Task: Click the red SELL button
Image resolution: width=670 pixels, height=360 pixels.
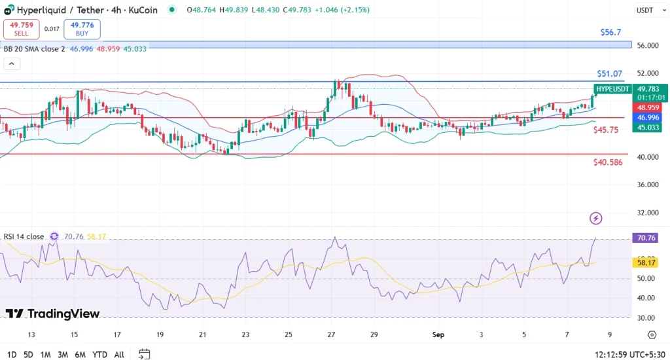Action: pos(21,29)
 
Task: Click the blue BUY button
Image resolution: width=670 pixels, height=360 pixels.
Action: pos(82,29)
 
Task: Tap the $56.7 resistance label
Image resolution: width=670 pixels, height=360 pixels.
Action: pos(610,32)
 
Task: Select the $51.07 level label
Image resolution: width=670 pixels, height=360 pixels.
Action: pos(609,74)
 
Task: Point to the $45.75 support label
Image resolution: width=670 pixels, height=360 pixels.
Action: pos(605,130)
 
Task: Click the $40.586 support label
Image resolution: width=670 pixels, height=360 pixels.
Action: pos(608,162)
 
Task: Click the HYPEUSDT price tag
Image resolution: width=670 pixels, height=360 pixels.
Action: pos(612,89)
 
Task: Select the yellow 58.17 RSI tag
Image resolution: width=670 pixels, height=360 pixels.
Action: pos(646,262)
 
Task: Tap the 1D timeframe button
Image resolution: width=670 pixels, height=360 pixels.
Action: pos(10,354)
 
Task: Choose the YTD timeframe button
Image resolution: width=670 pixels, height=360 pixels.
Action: pos(99,354)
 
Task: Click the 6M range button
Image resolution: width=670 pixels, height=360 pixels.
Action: pos(80,354)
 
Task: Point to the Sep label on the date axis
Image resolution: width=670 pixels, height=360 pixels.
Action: pos(438,334)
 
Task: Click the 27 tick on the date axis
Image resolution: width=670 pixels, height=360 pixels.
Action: pos(332,334)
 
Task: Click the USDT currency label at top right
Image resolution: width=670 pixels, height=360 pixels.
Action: pos(645,10)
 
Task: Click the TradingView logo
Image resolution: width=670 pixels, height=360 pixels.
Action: pos(53,314)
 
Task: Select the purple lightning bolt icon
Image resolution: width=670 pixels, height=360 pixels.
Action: pos(595,218)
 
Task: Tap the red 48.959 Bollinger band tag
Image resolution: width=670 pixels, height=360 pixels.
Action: pos(648,107)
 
